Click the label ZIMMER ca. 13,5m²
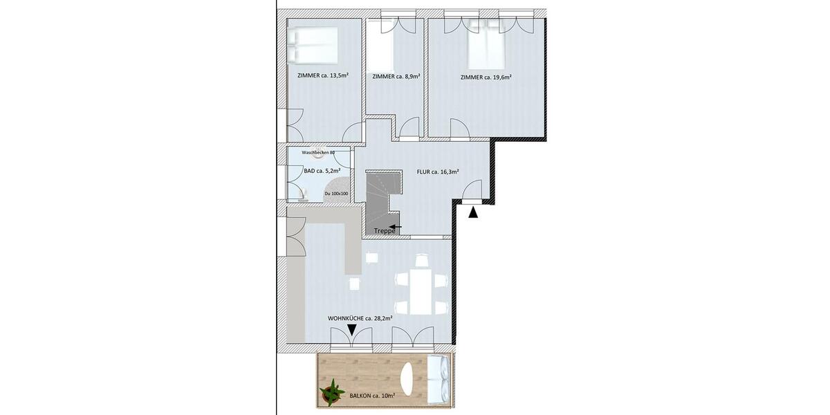322,75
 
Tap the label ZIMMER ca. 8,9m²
396,77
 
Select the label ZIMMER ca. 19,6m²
486,77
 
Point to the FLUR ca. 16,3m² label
438,172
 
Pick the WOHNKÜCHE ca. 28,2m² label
360,318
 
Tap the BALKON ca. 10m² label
373,396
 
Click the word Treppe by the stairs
384,231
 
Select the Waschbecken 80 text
318,152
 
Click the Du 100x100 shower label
336,194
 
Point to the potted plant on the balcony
332,391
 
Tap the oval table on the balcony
409,380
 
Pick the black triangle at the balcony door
352,331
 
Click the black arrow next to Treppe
395,226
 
